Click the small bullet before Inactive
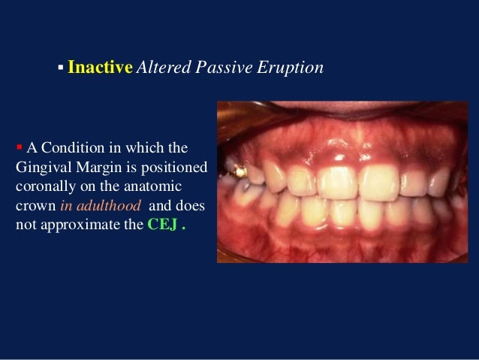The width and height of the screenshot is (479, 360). click(x=59, y=69)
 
